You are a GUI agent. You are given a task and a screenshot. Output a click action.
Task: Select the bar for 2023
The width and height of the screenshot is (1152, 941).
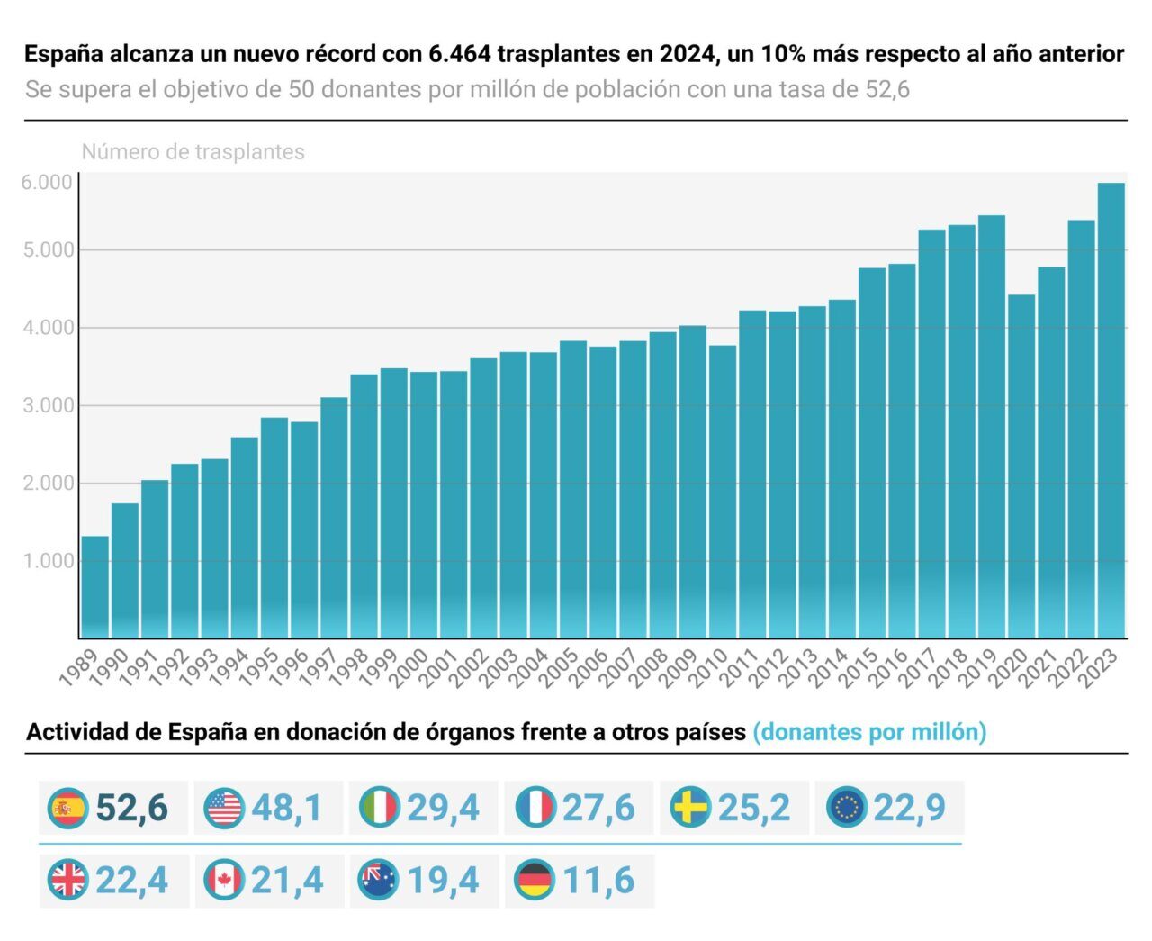[x=1111, y=411]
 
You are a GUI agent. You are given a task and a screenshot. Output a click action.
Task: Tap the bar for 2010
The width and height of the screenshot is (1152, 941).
[x=723, y=492]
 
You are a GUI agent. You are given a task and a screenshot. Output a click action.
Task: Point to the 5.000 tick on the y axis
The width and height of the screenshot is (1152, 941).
[x=47, y=249]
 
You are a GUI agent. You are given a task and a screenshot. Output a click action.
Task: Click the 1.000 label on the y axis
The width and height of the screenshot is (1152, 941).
[x=47, y=561]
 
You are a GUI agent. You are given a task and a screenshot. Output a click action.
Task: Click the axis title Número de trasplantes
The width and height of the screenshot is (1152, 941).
[x=193, y=152]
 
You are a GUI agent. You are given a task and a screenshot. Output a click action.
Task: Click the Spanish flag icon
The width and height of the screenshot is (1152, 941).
[x=69, y=808]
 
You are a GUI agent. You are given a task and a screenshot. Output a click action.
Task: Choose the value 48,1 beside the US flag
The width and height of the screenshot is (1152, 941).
[x=286, y=808]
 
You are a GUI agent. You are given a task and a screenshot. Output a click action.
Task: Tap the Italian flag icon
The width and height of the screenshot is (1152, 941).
[x=380, y=808]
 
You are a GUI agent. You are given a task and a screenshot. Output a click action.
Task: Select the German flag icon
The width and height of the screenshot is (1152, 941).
[x=535, y=880]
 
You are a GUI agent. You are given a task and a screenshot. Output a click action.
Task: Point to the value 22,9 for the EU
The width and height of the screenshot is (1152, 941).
[x=909, y=808]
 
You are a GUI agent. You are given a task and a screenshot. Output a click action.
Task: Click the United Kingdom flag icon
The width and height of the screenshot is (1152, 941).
[x=69, y=880]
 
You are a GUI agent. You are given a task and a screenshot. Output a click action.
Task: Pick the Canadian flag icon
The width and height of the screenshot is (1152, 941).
[x=224, y=880]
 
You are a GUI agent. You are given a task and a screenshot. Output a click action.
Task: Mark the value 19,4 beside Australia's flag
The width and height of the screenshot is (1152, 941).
[x=443, y=880]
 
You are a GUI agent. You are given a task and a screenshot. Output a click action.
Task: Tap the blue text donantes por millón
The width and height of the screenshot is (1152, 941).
[x=869, y=732]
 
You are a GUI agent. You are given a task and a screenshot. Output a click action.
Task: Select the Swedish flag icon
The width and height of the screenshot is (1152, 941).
[x=691, y=808]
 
